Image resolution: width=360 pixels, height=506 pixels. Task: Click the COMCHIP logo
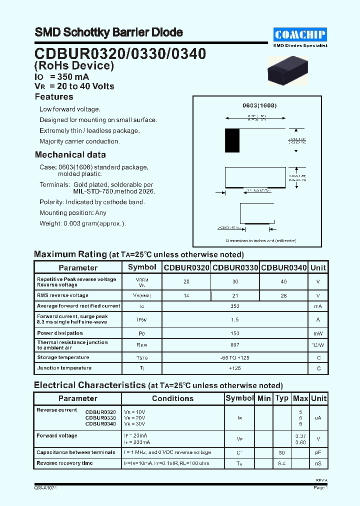300,34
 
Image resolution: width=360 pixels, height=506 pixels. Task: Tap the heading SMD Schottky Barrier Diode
108,32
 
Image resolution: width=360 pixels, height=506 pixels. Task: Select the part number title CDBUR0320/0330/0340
120,53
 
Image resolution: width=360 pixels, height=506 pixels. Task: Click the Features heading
54,97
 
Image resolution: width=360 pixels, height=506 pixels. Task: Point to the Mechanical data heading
70,155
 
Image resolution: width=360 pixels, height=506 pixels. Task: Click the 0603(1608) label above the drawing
259,106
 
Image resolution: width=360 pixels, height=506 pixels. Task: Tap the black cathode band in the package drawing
232,140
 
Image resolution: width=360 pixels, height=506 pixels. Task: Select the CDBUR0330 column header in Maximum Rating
235,268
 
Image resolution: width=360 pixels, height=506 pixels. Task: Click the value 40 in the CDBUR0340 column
284,282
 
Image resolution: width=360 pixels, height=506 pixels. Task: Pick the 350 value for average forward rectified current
235,306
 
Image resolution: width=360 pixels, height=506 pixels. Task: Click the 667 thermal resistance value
235,345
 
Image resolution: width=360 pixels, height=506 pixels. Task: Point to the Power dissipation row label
60,333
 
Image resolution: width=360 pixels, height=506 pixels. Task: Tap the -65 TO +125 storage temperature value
235,357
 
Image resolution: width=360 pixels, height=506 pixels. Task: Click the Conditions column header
172,398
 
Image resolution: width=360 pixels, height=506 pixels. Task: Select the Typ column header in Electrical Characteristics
282,398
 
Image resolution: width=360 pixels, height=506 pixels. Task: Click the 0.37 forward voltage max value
300,436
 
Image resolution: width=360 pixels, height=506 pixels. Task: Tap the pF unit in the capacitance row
318,452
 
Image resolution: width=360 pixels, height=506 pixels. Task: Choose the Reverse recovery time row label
64,463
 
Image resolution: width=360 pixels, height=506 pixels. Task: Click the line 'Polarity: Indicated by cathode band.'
92,202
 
